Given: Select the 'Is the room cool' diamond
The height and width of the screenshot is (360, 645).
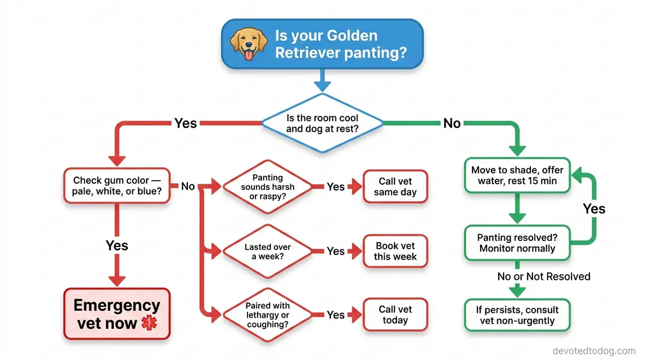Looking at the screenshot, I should [x=322, y=123].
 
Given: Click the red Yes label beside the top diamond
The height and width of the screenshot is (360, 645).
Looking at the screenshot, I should [x=186, y=123].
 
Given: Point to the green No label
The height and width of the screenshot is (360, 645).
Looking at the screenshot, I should [x=452, y=123].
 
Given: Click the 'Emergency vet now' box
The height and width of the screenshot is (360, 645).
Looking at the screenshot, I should [x=117, y=314].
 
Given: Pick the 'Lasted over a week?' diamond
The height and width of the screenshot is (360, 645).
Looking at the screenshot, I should [x=268, y=251].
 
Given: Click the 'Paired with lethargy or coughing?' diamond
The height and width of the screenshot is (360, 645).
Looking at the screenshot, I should [x=268, y=315].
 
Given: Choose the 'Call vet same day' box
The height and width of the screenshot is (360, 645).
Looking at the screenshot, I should [x=395, y=186].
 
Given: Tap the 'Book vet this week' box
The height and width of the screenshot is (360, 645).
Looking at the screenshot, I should [x=395, y=251].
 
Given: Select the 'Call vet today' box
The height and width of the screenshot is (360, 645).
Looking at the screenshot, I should [x=395, y=314].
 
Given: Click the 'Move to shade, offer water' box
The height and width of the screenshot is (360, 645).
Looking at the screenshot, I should [x=517, y=176].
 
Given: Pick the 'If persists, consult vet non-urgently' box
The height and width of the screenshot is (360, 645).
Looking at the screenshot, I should [x=517, y=316].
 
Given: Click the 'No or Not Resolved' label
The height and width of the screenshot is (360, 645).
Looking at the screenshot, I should [x=544, y=276].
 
